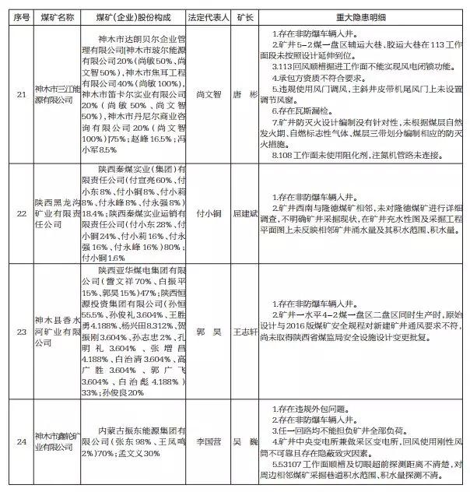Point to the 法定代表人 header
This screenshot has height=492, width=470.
tap(205, 14)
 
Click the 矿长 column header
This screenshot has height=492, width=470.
tap(243, 14)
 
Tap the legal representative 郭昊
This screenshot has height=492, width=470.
tap(205, 330)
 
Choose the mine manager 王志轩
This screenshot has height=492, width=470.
tap(244, 330)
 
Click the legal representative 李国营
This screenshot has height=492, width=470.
tap(205, 440)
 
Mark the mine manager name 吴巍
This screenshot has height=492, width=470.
tap(244, 440)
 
